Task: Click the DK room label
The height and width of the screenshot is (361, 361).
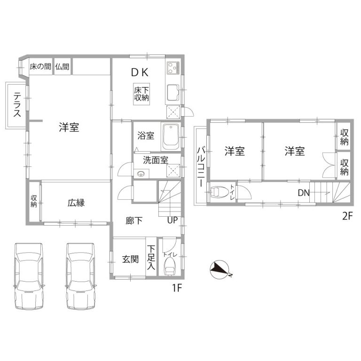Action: [140, 72]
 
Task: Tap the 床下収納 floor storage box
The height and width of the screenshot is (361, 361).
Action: [141, 94]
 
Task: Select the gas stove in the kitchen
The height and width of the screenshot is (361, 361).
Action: [173, 68]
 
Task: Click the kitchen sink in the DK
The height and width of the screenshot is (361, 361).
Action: [173, 93]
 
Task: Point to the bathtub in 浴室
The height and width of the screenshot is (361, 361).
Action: [171, 137]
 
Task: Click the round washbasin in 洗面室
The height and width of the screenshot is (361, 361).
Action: [141, 174]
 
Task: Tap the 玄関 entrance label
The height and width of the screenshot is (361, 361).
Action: [130, 259]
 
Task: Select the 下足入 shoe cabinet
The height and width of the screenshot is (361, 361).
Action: [151, 257]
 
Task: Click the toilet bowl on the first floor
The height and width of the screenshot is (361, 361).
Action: [169, 267]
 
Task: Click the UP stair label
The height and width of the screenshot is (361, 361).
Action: [173, 220]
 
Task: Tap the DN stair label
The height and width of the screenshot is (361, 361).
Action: [304, 193]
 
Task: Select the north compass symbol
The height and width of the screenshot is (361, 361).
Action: [220, 270]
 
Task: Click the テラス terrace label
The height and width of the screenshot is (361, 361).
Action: [17, 104]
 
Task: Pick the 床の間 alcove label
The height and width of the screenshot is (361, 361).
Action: [40, 67]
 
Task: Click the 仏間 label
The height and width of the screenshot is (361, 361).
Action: [62, 67]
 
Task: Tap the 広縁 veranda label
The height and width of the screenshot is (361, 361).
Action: [76, 203]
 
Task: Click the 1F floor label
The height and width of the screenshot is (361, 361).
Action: [177, 288]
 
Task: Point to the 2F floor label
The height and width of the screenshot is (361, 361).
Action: [347, 216]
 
